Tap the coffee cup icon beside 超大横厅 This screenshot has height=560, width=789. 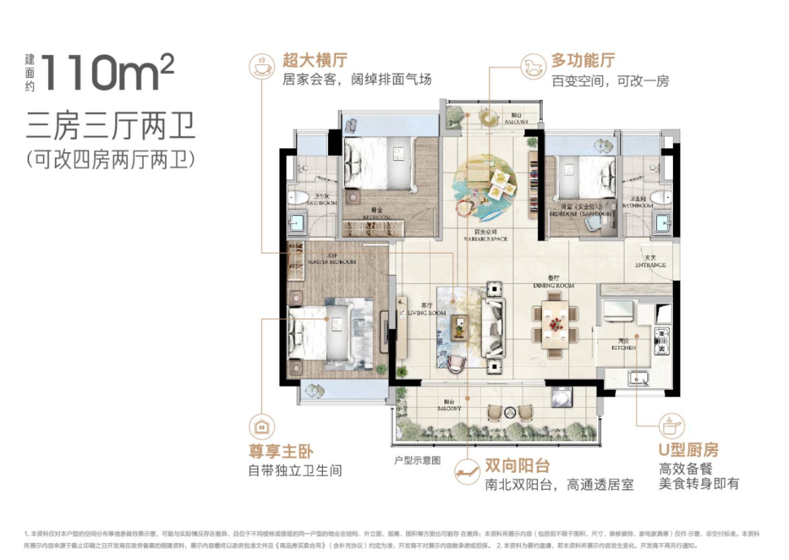[x=260, y=64]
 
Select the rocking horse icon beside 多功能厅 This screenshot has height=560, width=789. [x=531, y=64]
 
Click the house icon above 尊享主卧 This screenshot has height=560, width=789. [x=260, y=425]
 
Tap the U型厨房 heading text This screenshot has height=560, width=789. [x=688, y=450]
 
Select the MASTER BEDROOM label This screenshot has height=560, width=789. [x=332, y=261]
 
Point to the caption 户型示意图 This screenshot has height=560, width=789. [x=417, y=460]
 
